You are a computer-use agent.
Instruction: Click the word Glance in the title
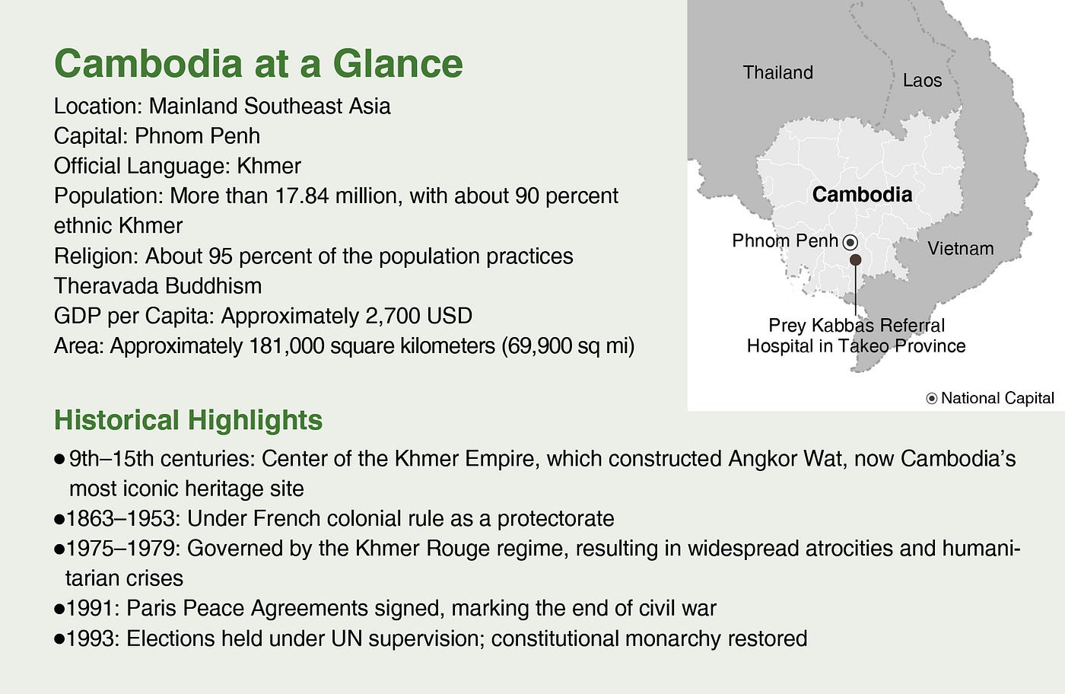(x=397, y=63)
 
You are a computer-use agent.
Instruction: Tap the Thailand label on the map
(x=777, y=73)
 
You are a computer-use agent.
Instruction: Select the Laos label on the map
(x=922, y=81)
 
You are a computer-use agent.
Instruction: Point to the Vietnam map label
(x=960, y=248)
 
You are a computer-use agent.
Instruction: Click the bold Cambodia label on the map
(x=862, y=195)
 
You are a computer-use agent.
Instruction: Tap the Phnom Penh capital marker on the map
(x=850, y=243)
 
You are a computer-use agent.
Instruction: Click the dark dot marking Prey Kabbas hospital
(x=855, y=259)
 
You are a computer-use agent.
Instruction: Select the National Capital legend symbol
(x=932, y=398)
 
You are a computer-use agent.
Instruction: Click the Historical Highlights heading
(x=189, y=420)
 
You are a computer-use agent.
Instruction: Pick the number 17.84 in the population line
(x=302, y=196)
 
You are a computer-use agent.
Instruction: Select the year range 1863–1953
(x=121, y=518)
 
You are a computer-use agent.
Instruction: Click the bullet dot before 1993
(x=59, y=638)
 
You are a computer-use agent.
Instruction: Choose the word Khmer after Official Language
(x=269, y=166)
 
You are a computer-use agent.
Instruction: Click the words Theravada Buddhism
(x=158, y=286)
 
